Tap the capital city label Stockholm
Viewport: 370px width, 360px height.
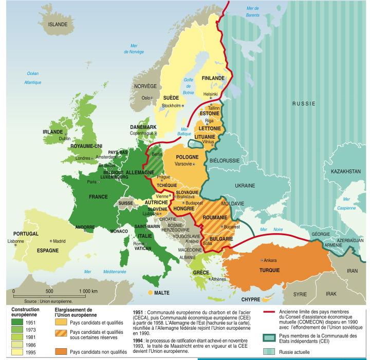(x=171, y=105)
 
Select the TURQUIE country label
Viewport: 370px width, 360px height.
(x=269, y=270)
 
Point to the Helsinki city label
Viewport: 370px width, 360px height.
(x=211, y=94)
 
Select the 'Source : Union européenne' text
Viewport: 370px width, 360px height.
(x=48, y=301)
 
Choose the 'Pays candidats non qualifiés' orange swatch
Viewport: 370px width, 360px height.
(x=63, y=352)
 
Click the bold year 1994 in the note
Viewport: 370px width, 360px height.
(x=137, y=339)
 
